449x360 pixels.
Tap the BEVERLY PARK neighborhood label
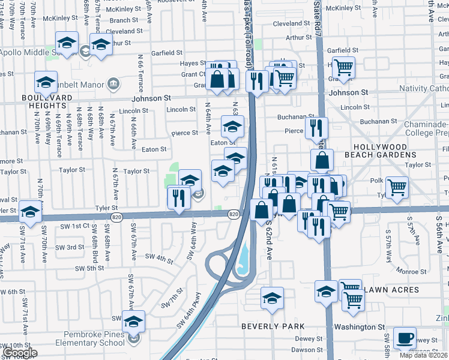(x=273, y=326)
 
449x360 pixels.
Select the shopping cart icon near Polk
(x=397, y=187)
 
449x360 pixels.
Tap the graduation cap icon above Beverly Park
(x=272, y=298)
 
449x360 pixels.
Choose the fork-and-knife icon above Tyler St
(x=178, y=197)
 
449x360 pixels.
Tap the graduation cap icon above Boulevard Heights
(x=45, y=82)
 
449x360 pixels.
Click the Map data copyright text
(x=424, y=355)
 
